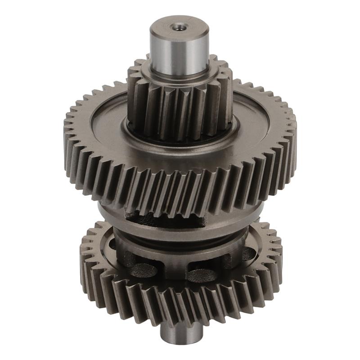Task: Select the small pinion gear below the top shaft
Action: pos(180,106)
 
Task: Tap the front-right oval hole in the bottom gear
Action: pos(202,274)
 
